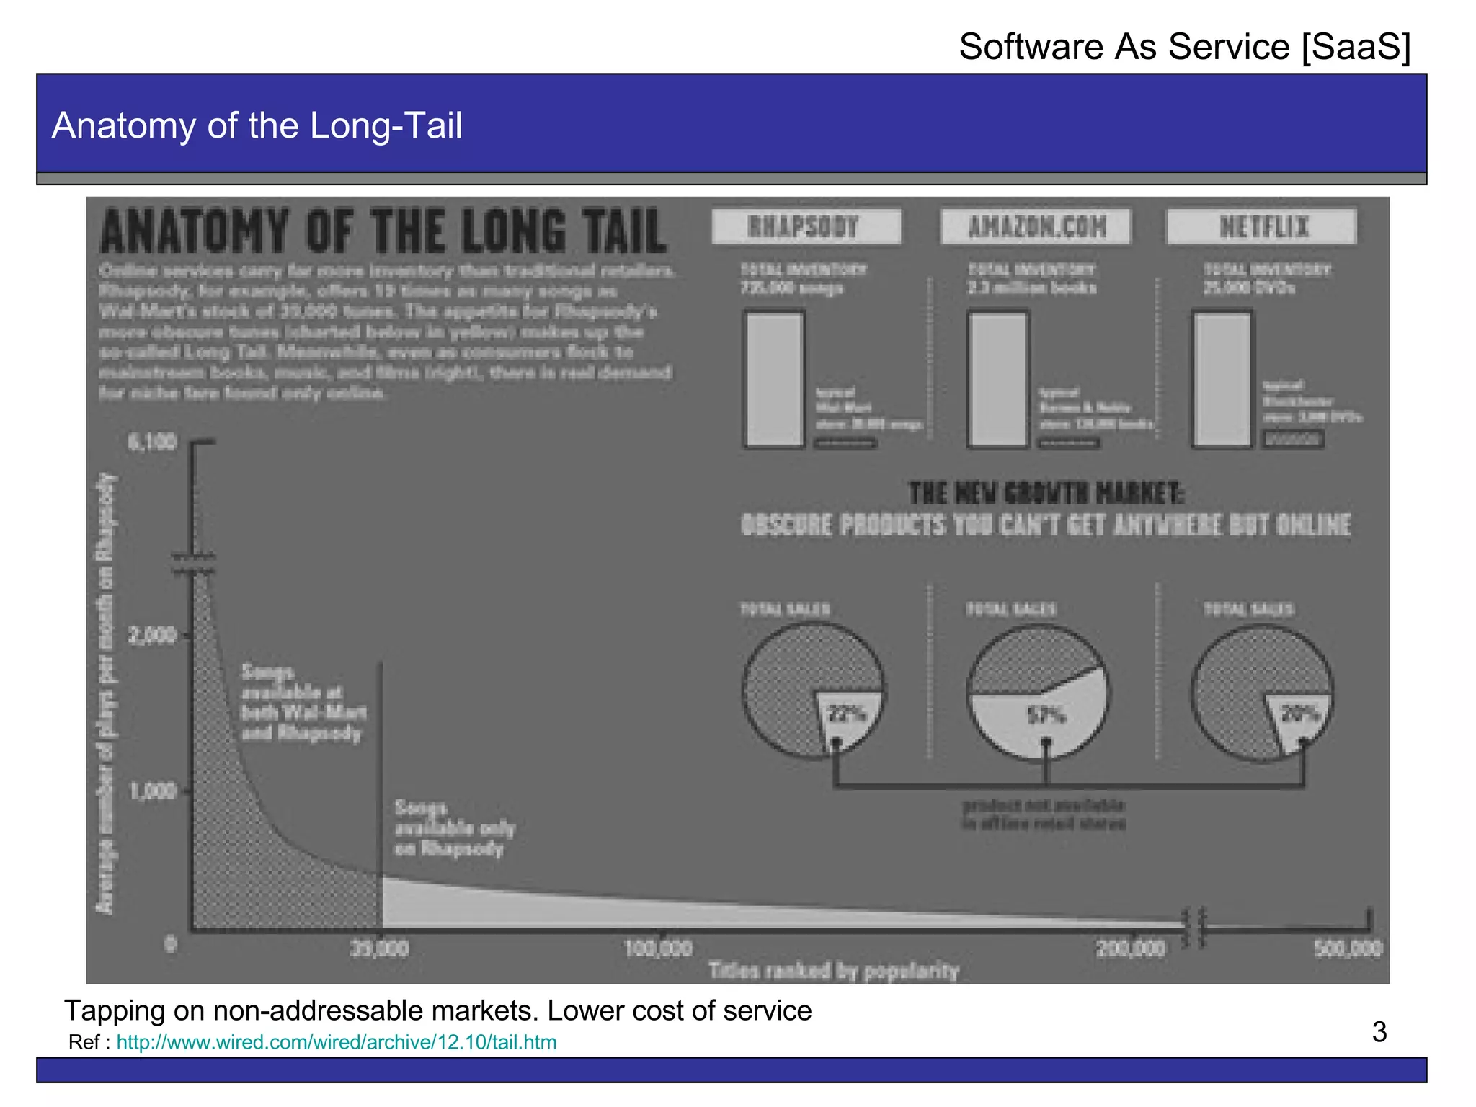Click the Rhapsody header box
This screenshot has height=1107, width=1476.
[x=805, y=227]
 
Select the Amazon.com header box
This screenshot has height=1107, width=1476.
[x=1036, y=227]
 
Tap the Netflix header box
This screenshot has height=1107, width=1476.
[x=1262, y=227]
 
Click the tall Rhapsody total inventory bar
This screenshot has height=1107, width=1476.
[x=774, y=379]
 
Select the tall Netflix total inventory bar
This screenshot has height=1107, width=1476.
[x=1222, y=379]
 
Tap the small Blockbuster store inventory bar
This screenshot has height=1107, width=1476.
[x=1293, y=438]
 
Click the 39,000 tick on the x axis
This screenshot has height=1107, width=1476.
[x=380, y=947]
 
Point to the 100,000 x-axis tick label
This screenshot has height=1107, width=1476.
[x=658, y=947]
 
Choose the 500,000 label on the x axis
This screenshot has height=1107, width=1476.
[x=1347, y=947]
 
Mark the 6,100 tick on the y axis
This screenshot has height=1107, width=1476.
[x=152, y=442]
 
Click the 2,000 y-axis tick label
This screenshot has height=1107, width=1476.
[x=152, y=636]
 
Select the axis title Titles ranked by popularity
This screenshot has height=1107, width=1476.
[x=834, y=971]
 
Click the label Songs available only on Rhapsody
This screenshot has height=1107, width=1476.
[x=454, y=828]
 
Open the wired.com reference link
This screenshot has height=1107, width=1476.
[x=336, y=1042]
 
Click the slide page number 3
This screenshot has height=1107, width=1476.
[x=1379, y=1032]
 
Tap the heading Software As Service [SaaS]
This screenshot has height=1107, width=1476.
[x=1184, y=47]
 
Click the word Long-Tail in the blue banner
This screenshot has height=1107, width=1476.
[x=386, y=125]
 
